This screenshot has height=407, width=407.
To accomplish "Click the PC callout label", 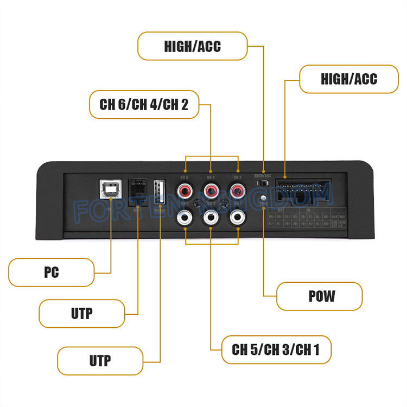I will click(52, 272).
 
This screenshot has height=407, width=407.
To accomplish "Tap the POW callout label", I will click(319, 296).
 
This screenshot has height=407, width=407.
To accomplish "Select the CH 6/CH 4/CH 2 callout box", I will click(144, 105).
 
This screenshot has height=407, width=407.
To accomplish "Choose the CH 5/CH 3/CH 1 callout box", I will click(276, 349).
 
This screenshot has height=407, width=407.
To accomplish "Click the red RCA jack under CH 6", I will click(185, 191).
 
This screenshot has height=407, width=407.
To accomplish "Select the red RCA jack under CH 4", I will click(211, 191).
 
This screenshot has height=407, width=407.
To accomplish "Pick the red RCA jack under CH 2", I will click(237, 191).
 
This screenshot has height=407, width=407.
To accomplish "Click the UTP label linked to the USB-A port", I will click(100, 361).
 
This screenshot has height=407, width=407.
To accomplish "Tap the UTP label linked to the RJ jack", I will click(82, 313).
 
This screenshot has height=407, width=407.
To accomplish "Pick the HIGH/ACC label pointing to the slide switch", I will click(193, 46).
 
